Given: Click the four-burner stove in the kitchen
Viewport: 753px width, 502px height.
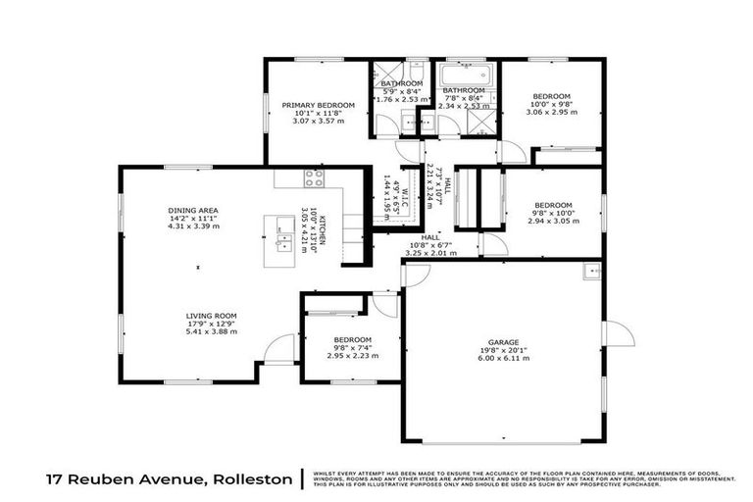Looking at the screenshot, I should [x=314, y=177].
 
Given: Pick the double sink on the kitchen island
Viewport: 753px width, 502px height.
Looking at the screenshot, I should [x=284, y=236].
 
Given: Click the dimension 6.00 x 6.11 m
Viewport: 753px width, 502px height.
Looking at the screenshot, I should [x=503, y=360].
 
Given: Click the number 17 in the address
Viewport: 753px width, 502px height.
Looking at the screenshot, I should [x=57, y=480].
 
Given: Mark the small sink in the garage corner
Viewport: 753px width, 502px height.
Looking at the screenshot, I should [x=591, y=271].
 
